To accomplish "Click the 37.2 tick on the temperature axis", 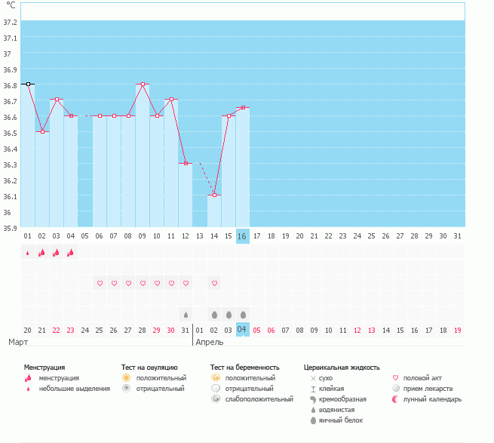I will [x=10, y=22].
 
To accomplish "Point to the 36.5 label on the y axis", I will [x=10, y=133].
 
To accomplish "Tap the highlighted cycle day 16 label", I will [x=242, y=236].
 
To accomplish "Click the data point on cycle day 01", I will [x=28, y=85].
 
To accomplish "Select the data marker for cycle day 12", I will [x=186, y=164].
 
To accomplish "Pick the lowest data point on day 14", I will [x=214, y=195].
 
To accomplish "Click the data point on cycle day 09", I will [x=143, y=85].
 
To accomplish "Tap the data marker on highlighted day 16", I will [x=242, y=108].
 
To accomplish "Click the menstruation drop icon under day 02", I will [x=42, y=252].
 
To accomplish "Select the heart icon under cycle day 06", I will [x=100, y=283].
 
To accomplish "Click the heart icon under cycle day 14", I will [x=214, y=283].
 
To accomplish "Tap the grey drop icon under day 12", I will [x=186, y=314].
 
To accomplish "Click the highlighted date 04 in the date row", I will [x=242, y=330].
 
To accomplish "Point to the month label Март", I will [x=18, y=342].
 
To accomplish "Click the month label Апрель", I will [x=209, y=342].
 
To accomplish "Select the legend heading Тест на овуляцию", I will [x=149, y=367].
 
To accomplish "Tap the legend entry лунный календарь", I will [x=432, y=399].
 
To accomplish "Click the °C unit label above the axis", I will [x=11, y=5].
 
